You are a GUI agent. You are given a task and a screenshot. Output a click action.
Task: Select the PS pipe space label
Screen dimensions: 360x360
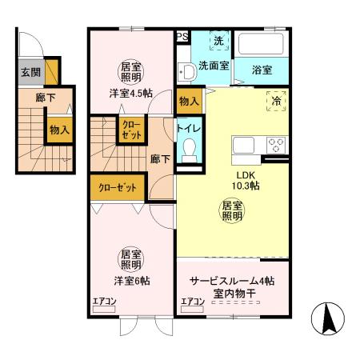pyautogui.click(x=182, y=36)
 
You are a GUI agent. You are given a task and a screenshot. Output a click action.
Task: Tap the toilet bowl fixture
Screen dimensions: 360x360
pyautogui.click(x=190, y=150)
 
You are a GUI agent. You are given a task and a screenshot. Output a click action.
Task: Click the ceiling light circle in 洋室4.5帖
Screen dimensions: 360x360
pyautogui.click(x=130, y=74)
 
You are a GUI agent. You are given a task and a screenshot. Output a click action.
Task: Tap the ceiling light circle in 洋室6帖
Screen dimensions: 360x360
pyautogui.click(x=130, y=258)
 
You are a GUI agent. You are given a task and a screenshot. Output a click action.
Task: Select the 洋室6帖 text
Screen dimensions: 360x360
pyautogui.click(x=130, y=281)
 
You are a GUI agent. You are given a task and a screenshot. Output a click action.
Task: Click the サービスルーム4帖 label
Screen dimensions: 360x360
pyautogui.click(x=232, y=282)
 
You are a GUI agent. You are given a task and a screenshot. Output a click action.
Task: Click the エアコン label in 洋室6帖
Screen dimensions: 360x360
pyautogui.click(x=105, y=302)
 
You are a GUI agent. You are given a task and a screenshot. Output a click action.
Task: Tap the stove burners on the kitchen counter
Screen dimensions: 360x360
pyautogui.click(x=276, y=145)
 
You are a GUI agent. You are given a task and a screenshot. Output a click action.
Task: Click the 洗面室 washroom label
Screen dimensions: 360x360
pyautogui.click(x=212, y=66)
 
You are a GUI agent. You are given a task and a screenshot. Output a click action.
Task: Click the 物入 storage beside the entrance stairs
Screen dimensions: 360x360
pyautogui.click(x=58, y=129)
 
